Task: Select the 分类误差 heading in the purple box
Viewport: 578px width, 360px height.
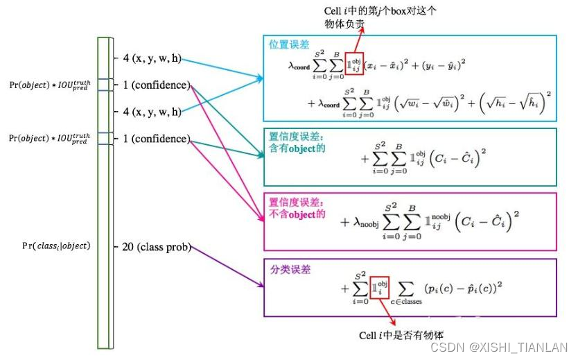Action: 288,268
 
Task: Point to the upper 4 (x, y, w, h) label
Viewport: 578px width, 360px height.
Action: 152,58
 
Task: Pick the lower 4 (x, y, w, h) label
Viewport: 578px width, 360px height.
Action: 152,112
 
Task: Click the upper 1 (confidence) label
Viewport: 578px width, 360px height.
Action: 156,85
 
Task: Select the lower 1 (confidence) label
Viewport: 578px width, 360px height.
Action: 156,139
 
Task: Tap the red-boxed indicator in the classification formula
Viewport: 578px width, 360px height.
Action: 380,287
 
